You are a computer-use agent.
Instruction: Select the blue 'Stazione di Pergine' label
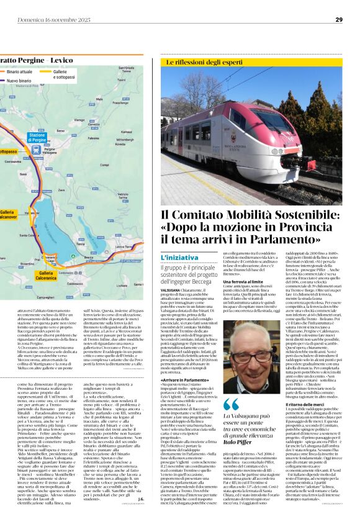click(37, 137)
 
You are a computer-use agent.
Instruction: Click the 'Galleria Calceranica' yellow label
click(48, 276)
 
